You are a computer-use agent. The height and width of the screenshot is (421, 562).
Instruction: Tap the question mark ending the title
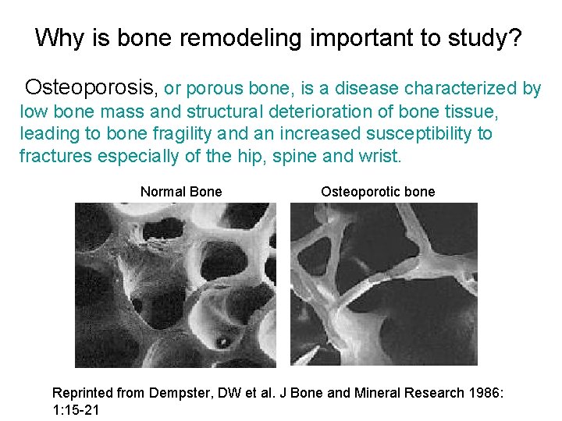click(x=515, y=37)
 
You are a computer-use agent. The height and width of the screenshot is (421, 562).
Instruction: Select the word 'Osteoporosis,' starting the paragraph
click(x=92, y=88)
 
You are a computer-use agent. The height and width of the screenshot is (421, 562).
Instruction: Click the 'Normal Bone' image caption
click(x=181, y=192)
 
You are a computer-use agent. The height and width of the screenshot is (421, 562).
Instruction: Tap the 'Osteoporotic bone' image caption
click(x=378, y=192)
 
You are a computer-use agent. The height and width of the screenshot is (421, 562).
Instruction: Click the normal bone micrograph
click(x=175, y=285)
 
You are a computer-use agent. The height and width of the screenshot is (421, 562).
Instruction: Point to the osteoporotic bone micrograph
click(x=383, y=285)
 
